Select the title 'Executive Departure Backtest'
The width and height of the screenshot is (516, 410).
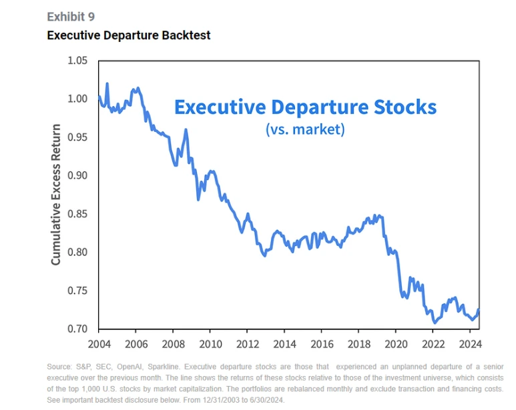pyautogui.click(x=128, y=35)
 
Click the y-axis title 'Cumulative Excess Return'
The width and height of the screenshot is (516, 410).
pyautogui.click(x=56, y=194)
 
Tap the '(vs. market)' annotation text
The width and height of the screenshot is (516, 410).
pyautogui.click(x=305, y=129)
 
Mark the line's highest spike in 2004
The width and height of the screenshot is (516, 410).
pyautogui.click(x=107, y=84)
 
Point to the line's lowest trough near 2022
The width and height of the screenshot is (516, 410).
pyautogui.click(x=435, y=323)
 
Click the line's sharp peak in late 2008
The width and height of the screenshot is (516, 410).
pyautogui.click(x=186, y=129)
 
